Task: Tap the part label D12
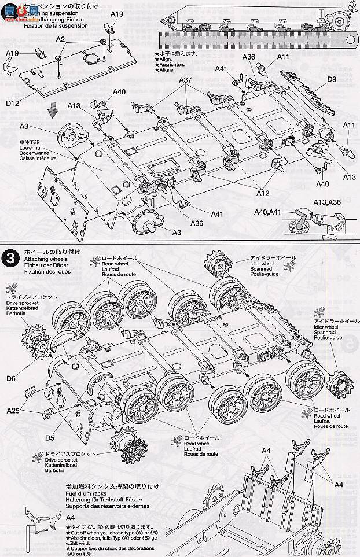[13, 103]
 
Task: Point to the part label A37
[186, 80]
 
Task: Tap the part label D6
[11, 378]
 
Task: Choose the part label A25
[14, 411]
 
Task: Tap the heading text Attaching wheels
[45, 260]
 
